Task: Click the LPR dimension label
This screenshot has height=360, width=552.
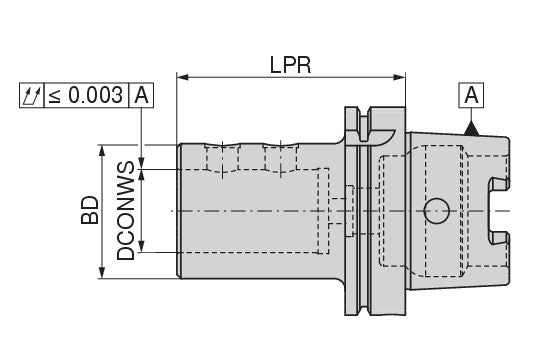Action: click(x=290, y=65)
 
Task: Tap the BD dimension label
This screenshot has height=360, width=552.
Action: click(x=90, y=210)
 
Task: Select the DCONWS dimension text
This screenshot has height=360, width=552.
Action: click(x=126, y=210)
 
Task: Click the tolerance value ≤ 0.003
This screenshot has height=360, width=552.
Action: click(x=86, y=95)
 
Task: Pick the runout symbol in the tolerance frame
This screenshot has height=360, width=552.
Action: click(x=32, y=95)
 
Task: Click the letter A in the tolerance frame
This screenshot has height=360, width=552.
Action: click(x=142, y=95)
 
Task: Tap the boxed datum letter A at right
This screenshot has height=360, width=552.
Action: click(x=471, y=95)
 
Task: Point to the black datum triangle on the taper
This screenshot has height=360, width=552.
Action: click(x=471, y=129)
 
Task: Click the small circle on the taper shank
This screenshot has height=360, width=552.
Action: click(x=437, y=211)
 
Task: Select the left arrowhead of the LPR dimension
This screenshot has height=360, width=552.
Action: click(x=183, y=77)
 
